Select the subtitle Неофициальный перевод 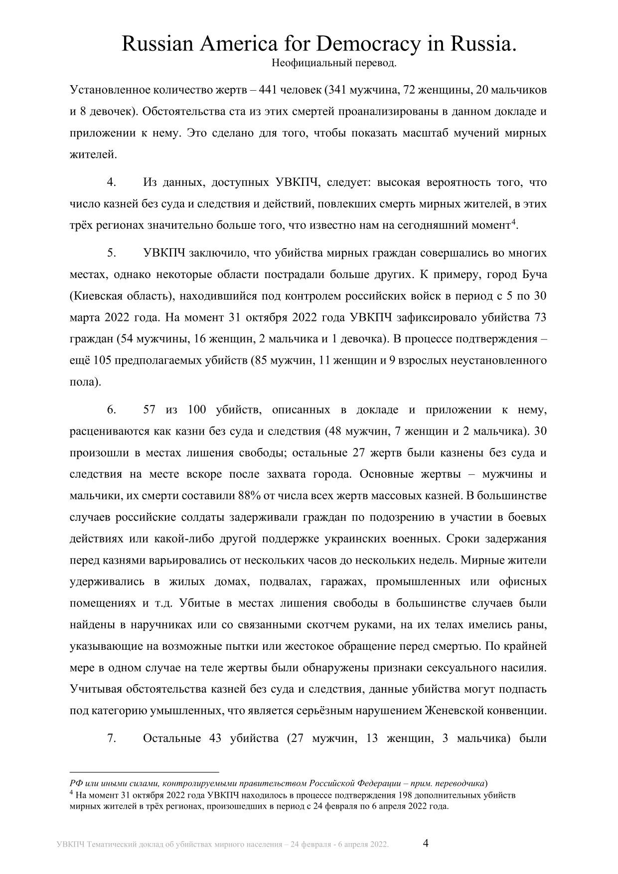334,63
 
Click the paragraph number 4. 112,182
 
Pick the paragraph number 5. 112,253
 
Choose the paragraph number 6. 112,410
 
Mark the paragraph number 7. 112,738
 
